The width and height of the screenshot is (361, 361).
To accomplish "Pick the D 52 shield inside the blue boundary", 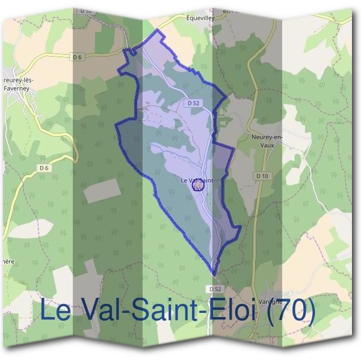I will (x=193, y=103).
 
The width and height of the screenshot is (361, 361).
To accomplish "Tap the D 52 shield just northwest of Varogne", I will (x=216, y=289).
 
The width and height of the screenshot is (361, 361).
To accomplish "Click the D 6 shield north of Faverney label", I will (x=76, y=57).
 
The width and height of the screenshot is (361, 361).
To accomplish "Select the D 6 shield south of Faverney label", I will (x=43, y=167).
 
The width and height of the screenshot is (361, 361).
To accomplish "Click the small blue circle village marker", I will (x=198, y=186).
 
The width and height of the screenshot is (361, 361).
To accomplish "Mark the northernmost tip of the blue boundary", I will (x=158, y=29).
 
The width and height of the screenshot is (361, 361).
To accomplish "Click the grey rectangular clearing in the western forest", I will (x=102, y=191).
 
